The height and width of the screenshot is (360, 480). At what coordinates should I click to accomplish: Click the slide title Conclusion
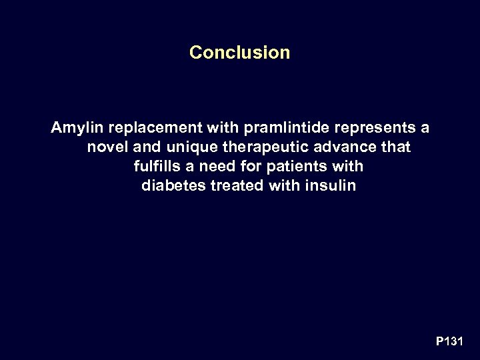pos(239,52)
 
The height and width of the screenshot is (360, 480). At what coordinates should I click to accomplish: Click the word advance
pos(347,147)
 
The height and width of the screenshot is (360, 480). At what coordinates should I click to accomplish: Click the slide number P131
pos(449,341)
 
